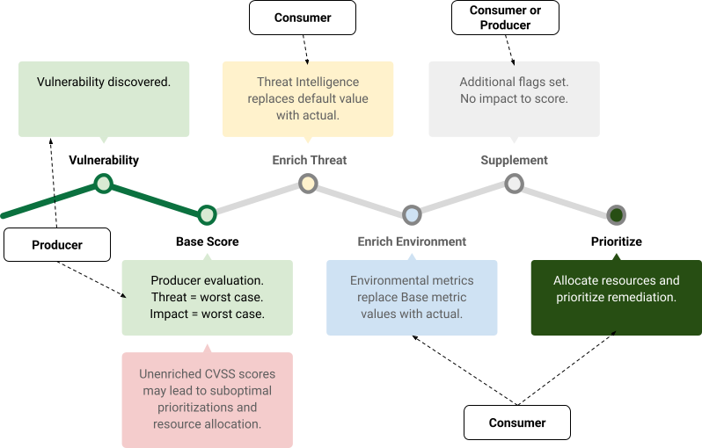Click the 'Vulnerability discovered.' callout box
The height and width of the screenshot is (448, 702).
104,98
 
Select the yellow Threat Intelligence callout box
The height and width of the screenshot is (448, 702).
308,98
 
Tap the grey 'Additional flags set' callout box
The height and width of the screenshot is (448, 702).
514,98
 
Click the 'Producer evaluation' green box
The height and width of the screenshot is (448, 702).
207,297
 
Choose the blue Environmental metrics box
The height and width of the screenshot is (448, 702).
412,297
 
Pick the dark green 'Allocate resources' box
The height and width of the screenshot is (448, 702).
616,297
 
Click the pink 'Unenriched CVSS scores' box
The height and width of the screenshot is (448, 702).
207,400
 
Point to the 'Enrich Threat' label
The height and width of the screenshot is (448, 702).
309,161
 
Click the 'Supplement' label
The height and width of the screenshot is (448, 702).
514,161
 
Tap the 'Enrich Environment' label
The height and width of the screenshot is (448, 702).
412,242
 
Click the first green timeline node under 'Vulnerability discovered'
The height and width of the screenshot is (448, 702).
104,184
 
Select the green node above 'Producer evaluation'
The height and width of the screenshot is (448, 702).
207,214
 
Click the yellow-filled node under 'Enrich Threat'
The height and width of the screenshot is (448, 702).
308,184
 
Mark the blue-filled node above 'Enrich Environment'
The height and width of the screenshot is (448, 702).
412,214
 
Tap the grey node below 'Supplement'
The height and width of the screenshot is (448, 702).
514,184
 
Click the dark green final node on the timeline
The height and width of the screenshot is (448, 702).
617,214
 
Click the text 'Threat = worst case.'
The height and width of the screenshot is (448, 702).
207,297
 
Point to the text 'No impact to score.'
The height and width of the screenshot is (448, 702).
514,98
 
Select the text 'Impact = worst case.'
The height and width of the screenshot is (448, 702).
207,314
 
